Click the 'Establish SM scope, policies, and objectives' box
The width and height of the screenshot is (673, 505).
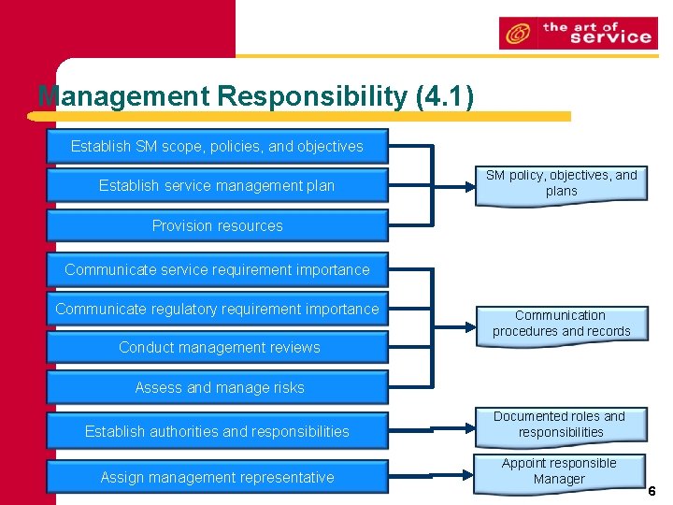coord(217,146)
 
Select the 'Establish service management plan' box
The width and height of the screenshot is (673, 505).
coord(217,185)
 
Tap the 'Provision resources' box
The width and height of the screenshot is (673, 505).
coord(217,225)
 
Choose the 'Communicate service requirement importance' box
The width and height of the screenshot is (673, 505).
coord(217,269)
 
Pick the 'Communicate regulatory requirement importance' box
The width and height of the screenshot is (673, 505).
coord(217,309)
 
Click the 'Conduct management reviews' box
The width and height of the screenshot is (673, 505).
coord(217,347)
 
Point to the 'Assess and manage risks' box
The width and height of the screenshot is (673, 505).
coord(217,387)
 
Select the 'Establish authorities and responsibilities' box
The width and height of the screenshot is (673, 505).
coord(217,431)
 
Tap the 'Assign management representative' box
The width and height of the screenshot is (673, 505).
coord(217,477)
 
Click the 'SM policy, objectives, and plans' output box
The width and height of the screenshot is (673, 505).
coord(561,183)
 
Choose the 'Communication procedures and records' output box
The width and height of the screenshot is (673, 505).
coord(561,324)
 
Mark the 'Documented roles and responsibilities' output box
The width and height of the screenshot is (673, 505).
coord(561,425)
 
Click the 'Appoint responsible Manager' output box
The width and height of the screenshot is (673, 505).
coord(559,471)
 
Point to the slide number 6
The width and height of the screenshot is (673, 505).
coord(652,491)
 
